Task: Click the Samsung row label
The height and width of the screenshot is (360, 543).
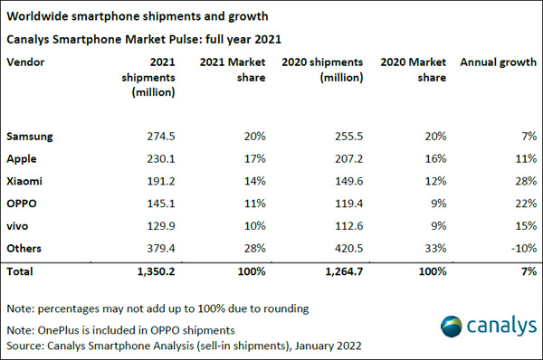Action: point(30,137)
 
